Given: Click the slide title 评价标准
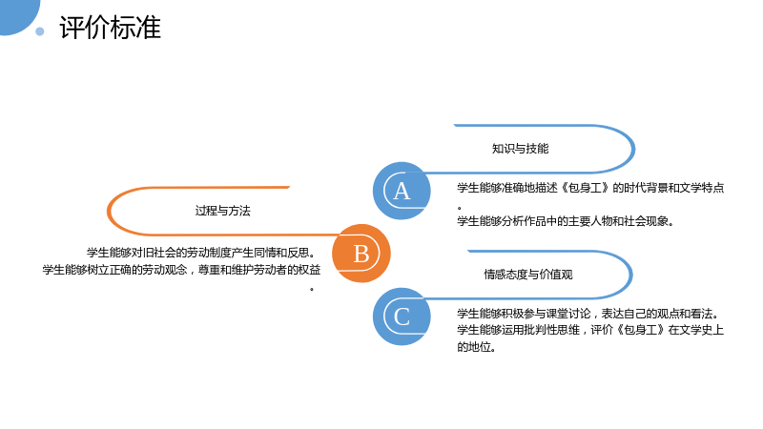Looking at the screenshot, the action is coord(110,28).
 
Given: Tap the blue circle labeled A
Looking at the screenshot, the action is coord(402,191).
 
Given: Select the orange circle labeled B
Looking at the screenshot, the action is coord(361,254).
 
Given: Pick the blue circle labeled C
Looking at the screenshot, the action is coord(402,317).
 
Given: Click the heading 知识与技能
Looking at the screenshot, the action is coord(520,149).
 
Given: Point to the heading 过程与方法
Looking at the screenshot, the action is coord(223,211).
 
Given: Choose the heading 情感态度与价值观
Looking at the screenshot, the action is coord(528,275).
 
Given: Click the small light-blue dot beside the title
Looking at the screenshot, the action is coord(40,31).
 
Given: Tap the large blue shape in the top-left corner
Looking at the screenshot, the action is coord(17,14).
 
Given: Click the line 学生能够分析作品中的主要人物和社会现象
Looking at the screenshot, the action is coord(565,221).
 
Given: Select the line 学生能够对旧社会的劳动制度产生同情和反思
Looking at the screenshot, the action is coord(201,253).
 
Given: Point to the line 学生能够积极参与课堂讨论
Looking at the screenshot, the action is coord(524,314).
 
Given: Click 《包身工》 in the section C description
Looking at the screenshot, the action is coord(641,330).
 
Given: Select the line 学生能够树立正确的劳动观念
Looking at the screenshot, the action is coord(114,270).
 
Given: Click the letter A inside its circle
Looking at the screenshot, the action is coord(402,192).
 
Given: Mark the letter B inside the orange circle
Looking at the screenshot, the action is coord(361,254).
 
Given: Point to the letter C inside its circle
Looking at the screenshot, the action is coord(402,317).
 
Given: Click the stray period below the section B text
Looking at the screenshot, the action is coord(312,290).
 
